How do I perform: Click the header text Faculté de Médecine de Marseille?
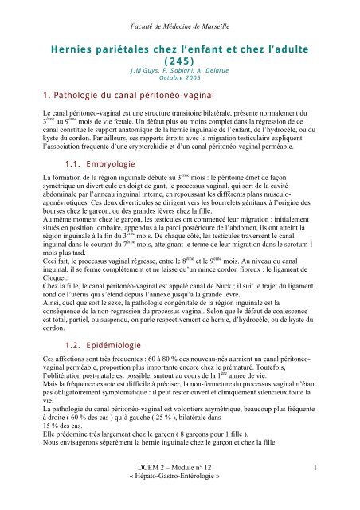coord(179,10)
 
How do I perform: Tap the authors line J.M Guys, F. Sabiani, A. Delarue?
coord(179,73)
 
